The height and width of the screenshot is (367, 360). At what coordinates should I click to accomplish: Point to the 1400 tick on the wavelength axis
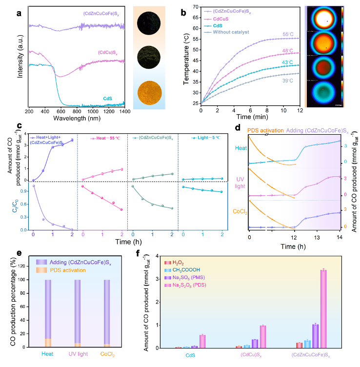(125, 112)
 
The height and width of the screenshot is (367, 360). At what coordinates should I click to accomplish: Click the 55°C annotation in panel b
(288, 35)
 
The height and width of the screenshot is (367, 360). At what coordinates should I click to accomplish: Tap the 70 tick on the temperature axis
(194, 7)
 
